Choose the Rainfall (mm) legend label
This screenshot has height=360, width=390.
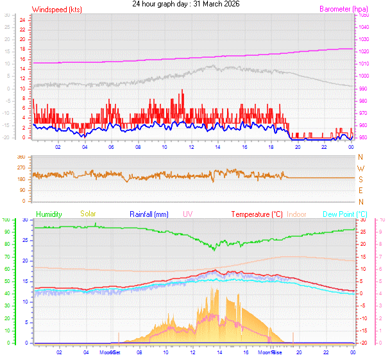point(149,214)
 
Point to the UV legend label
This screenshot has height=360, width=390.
point(187,214)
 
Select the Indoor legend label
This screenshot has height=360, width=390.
point(296,214)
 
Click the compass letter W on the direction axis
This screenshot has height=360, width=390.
point(360,168)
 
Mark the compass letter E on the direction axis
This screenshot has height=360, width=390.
point(360,191)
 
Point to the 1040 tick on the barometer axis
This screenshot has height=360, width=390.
point(364,27)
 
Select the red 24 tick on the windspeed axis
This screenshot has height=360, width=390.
point(22,20)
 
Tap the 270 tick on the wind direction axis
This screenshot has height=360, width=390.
point(21,167)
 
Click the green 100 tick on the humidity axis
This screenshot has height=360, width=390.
point(6,219)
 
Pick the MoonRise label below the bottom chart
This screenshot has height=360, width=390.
point(269,352)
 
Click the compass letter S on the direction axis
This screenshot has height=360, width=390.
point(360,179)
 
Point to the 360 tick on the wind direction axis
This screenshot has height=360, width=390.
point(21,157)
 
